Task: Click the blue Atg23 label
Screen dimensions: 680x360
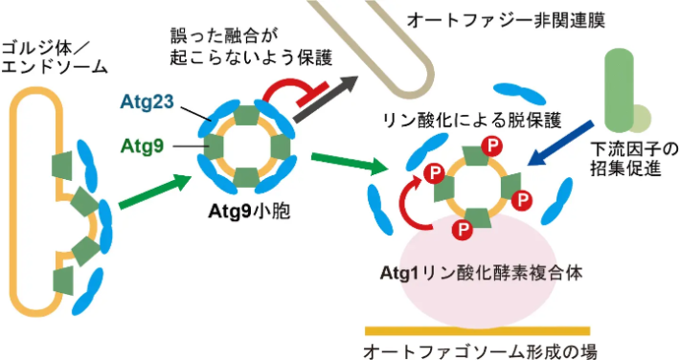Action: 147,102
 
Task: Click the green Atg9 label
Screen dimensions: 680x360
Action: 143,146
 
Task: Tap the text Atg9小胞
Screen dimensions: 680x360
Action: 249,212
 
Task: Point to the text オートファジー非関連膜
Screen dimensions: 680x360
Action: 506,20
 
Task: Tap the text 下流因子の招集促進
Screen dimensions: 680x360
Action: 634,159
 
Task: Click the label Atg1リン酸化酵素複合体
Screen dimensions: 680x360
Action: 482,273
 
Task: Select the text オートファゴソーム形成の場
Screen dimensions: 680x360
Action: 480,350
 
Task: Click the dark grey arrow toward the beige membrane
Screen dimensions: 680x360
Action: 327,99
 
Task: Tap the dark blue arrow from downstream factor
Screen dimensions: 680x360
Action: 560,144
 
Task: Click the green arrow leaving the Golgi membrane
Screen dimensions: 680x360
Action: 155,191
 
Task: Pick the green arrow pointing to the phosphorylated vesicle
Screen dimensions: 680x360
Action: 350,163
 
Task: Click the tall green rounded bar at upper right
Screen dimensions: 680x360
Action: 619,91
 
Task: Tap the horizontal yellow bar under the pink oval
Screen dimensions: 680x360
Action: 478,331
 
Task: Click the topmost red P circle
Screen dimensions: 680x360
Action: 491,146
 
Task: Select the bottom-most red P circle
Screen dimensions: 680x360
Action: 463,228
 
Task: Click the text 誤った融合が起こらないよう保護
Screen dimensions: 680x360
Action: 252,47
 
